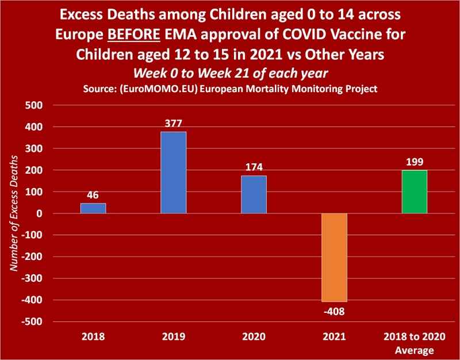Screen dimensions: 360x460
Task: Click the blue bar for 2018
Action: (93, 208)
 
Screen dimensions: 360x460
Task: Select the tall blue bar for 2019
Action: (173, 173)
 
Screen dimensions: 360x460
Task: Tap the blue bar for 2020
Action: (254, 194)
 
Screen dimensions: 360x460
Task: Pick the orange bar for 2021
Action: (334, 257)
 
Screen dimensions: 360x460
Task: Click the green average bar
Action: (414, 192)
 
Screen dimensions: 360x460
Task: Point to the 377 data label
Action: (173, 123)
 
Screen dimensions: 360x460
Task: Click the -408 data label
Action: (334, 311)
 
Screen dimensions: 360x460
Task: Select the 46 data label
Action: (93, 194)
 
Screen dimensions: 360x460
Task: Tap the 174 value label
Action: (254, 167)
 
